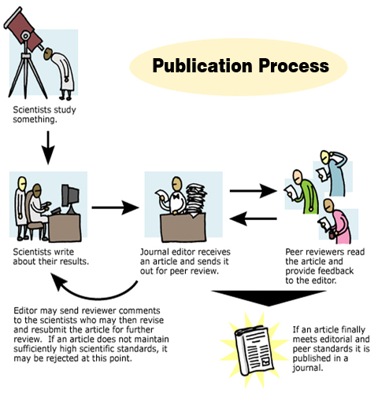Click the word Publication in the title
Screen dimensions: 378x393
click(x=203, y=65)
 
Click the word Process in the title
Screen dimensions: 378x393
click(x=294, y=65)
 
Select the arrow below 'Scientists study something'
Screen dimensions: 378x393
click(x=48, y=148)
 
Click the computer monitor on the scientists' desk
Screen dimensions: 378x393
click(x=69, y=198)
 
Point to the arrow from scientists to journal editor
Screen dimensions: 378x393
click(x=116, y=208)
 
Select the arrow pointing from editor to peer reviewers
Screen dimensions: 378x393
click(x=254, y=191)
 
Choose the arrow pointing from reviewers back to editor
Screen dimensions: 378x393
click(x=254, y=219)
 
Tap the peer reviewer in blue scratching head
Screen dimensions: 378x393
click(x=332, y=173)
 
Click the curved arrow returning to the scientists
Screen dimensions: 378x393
click(x=97, y=297)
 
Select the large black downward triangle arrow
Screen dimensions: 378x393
click(x=269, y=298)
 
